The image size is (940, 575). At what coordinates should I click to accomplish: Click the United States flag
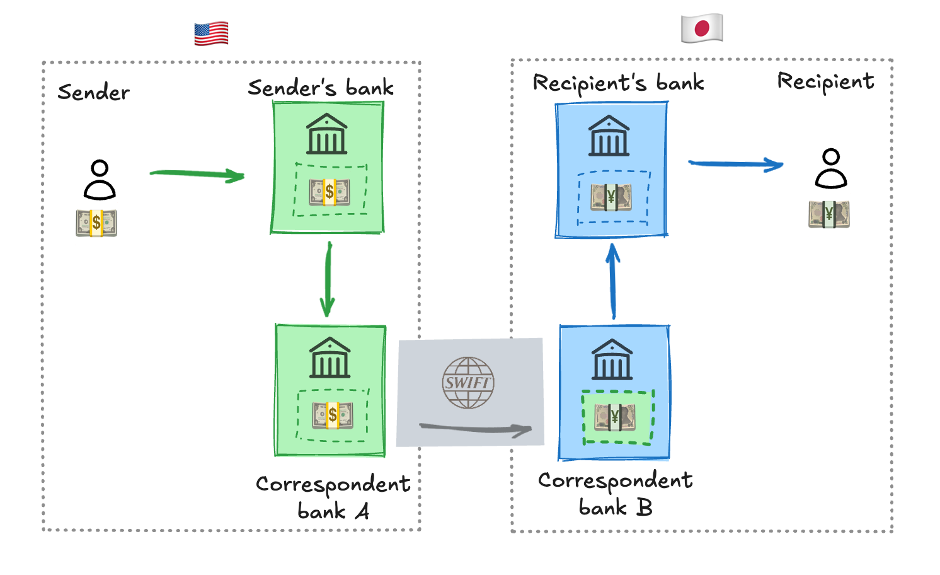[x=211, y=33]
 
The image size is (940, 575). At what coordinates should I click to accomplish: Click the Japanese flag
[x=702, y=28]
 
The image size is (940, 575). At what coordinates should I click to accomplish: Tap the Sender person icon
[x=100, y=180]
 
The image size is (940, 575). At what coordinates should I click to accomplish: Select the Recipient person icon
[x=831, y=168]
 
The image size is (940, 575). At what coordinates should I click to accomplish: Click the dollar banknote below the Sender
[x=96, y=223]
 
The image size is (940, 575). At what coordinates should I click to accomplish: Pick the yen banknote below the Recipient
[x=828, y=214]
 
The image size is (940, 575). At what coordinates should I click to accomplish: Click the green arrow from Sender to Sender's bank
[x=197, y=174]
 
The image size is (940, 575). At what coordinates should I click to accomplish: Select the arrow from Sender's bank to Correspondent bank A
[x=328, y=279]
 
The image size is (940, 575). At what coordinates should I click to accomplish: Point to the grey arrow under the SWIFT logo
[x=476, y=429]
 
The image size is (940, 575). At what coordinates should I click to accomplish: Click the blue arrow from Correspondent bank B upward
[x=613, y=281]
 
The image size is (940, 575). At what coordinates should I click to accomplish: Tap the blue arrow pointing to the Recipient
[x=736, y=164]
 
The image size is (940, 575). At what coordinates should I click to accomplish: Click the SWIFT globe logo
[x=468, y=383]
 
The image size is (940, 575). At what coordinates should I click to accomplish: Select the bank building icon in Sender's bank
[x=326, y=134]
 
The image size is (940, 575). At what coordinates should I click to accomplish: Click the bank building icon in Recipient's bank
[x=609, y=136]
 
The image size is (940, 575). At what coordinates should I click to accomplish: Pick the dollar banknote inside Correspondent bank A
[x=333, y=415]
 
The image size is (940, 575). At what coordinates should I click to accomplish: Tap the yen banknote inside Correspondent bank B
[x=615, y=417]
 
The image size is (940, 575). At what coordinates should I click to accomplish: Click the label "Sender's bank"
[x=321, y=88]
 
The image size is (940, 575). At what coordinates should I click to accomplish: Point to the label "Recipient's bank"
[x=618, y=83]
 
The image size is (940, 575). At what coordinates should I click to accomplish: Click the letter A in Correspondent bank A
[x=362, y=511]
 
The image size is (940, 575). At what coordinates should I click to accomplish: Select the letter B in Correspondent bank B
[x=644, y=508]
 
